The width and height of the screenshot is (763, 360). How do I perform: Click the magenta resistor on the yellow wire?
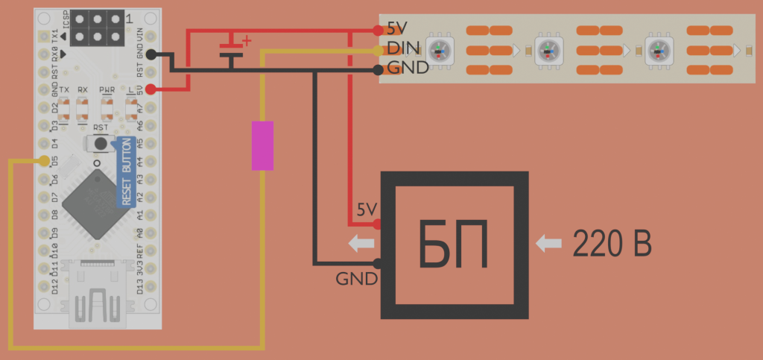coord(262,145)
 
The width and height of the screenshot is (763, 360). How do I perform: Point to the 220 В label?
coord(612,244)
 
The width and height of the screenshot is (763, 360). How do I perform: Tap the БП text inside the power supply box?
coord(454,245)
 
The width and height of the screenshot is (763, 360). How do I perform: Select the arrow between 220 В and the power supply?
coord(549,243)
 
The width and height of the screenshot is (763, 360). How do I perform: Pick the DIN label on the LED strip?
coord(403,50)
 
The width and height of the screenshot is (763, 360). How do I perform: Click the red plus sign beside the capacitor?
coord(247,40)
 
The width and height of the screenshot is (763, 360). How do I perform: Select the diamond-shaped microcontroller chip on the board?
coord(96,203)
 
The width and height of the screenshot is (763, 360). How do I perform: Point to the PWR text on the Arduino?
coord(107,89)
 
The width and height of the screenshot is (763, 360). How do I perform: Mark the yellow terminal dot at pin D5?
coord(45,161)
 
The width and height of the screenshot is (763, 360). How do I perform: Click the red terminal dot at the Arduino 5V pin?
coord(151,89)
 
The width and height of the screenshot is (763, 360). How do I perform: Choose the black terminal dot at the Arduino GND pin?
coord(151,54)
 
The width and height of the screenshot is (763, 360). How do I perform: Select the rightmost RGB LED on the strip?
coord(658,51)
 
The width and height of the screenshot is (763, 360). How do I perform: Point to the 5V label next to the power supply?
coord(367,209)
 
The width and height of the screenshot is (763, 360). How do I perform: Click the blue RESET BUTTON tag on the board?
coord(126,171)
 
